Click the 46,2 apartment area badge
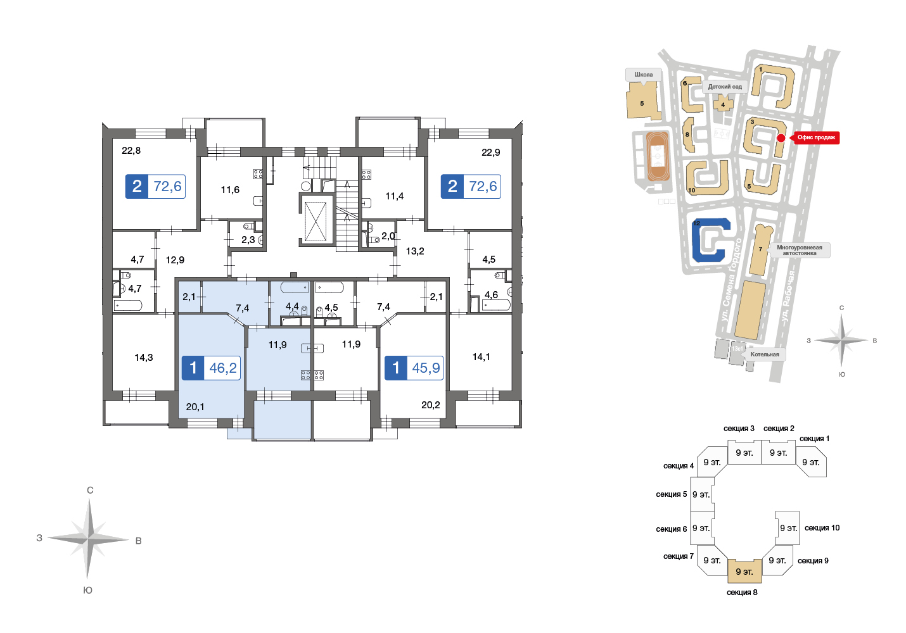[211, 368]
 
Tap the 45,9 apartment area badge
[414, 368]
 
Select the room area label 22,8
[131, 151]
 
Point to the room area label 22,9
[490, 153]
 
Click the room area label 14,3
[144, 357]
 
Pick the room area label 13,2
[415, 251]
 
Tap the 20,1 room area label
[195, 406]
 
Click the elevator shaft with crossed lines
[316, 221]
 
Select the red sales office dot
[781, 138]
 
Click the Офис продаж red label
[815, 137]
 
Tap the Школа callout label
[644, 75]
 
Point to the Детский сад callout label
[725, 87]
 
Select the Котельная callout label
[764, 354]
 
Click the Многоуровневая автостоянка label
[799, 250]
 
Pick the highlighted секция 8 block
[744, 571]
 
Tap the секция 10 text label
[822, 528]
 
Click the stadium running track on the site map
[658, 156]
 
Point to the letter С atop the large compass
[90, 491]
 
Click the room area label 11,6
[230, 189]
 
